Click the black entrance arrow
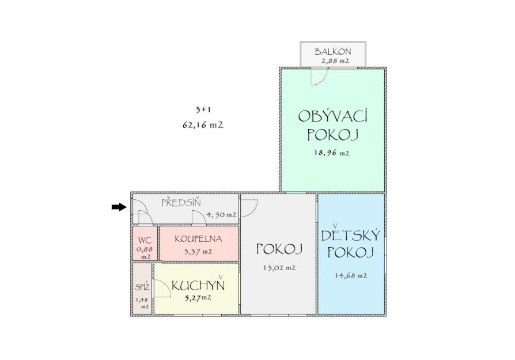(x=119, y=207)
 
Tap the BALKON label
(x=333, y=52)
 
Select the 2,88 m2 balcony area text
(x=335, y=60)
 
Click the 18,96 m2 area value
(x=332, y=153)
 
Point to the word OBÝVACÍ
(x=333, y=116)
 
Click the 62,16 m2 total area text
(x=203, y=125)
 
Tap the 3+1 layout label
(x=203, y=109)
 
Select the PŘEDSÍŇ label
(x=181, y=202)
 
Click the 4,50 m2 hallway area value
(x=221, y=215)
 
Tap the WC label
(x=145, y=240)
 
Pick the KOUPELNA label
(x=198, y=239)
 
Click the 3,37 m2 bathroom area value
(x=198, y=252)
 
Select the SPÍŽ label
(x=142, y=287)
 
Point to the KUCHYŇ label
(x=198, y=285)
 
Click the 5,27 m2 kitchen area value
(x=197, y=298)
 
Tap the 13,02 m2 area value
(x=279, y=268)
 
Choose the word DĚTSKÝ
(x=350, y=234)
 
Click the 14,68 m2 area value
(x=351, y=275)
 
